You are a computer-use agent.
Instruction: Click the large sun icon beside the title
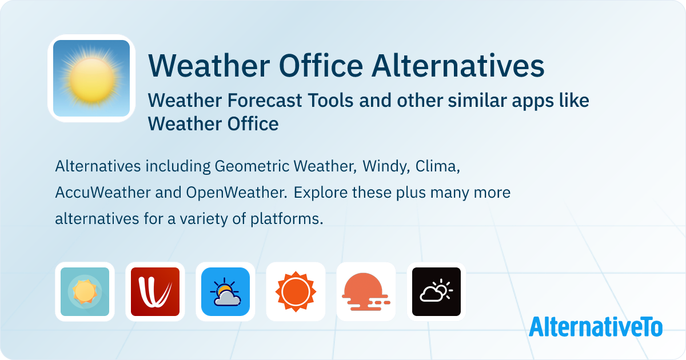click(91, 78)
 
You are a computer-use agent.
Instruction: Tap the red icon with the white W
click(155, 291)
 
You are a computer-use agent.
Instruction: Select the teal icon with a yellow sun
click(85, 291)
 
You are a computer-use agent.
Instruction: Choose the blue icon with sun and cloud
click(225, 291)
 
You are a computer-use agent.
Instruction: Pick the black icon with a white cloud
click(436, 291)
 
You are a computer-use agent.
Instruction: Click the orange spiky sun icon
click(296, 291)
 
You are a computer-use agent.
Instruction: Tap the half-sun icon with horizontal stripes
click(366, 291)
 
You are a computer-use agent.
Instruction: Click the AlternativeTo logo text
click(595, 327)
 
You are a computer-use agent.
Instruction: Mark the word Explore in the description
click(320, 193)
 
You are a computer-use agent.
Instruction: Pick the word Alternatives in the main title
click(458, 66)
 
